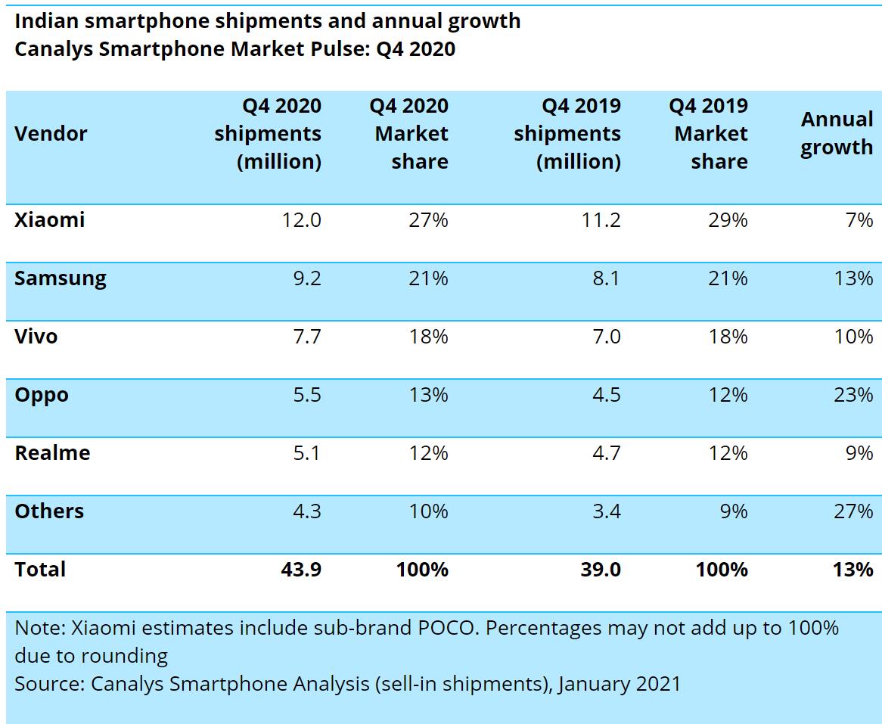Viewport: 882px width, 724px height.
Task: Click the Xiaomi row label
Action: click(49, 220)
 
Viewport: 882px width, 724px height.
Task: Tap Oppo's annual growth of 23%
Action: click(853, 395)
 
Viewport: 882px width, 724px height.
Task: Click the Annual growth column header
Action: click(837, 133)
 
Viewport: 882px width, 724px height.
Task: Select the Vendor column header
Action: click(51, 134)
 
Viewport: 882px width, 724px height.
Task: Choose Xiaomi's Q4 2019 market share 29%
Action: click(728, 220)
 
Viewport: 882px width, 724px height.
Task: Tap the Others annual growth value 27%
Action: click(853, 511)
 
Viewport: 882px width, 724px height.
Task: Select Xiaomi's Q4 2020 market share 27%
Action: click(428, 220)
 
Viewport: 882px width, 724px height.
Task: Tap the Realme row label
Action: click(52, 453)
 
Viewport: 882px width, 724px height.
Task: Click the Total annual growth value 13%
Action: click(853, 569)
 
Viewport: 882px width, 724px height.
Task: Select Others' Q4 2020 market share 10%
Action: click(428, 511)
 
